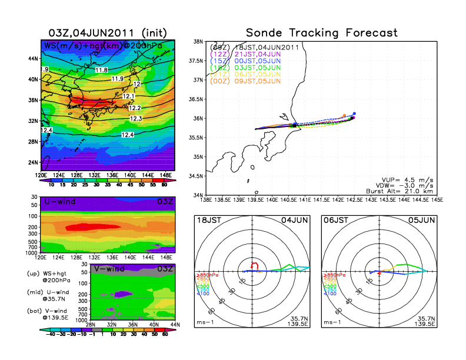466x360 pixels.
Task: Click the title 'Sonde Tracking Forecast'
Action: coord(321,32)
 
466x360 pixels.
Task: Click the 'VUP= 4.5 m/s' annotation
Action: coord(406,177)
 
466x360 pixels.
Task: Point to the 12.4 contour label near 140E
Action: coord(127,135)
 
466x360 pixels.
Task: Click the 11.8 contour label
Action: coord(101,71)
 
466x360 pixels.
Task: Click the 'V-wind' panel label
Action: coord(109,269)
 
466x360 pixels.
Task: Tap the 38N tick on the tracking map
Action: coord(199,42)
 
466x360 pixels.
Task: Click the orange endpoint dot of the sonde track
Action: coord(344,116)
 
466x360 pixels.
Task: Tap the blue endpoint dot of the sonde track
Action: coord(354,114)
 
